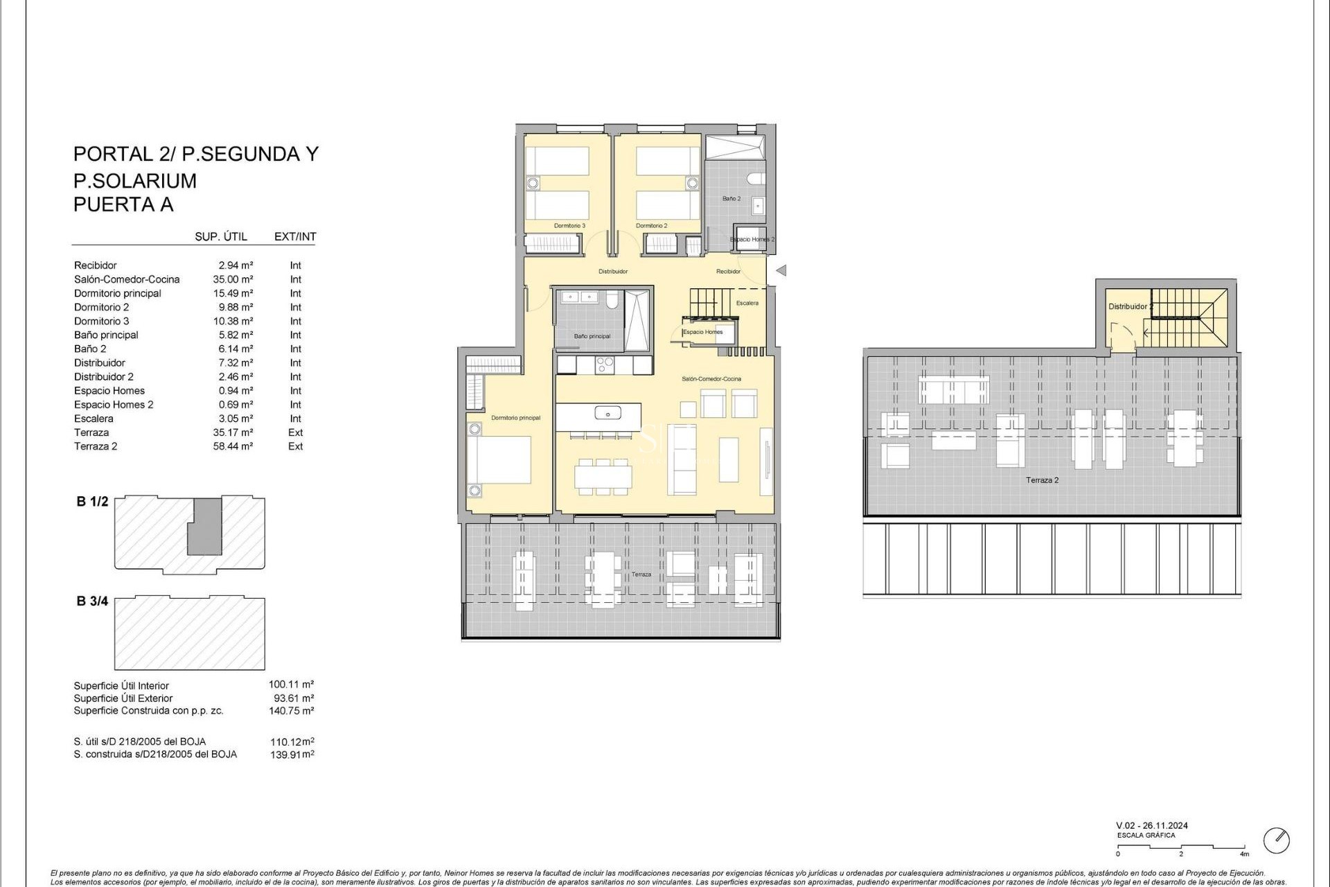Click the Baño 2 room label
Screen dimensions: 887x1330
(x=731, y=199)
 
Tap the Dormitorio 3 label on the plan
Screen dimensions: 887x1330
(x=569, y=226)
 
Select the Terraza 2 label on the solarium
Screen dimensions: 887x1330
(x=1042, y=480)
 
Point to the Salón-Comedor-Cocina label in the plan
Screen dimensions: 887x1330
(x=711, y=379)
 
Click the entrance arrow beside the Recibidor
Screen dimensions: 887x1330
(x=781, y=271)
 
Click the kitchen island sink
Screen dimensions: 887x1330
(x=608, y=414)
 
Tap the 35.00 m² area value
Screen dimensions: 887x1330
(x=233, y=279)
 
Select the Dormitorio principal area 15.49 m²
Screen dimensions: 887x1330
(x=233, y=293)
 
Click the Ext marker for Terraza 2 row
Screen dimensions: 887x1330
(x=296, y=446)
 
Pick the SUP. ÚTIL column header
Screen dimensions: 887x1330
(x=221, y=236)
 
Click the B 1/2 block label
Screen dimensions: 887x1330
(x=92, y=502)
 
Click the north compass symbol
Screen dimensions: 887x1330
(x=1276, y=841)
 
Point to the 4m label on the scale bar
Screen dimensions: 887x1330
(x=1245, y=854)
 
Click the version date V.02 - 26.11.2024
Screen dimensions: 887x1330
(x=1152, y=825)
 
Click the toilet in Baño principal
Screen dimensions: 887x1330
(x=612, y=299)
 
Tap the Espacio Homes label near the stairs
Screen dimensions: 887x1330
(x=703, y=332)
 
